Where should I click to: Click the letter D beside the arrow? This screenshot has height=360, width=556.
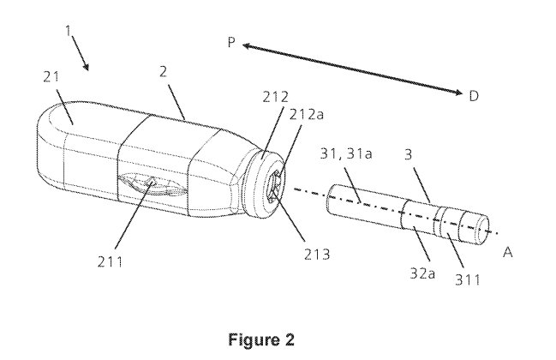[x=473, y=95]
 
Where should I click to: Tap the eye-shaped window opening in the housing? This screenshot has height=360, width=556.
[x=152, y=184]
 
